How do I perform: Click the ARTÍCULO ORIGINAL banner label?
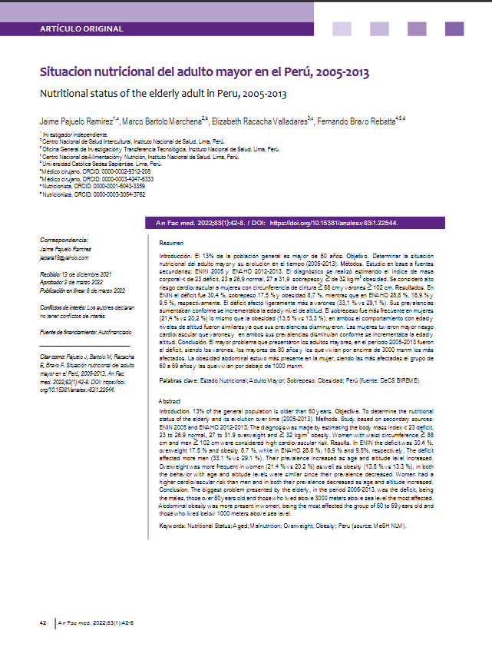pyautogui.click(x=81, y=29)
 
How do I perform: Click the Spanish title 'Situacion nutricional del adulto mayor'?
pyautogui.click(x=204, y=73)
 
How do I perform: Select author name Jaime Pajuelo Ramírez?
pyautogui.click(x=75, y=121)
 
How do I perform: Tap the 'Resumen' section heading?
pyautogui.click(x=161, y=242)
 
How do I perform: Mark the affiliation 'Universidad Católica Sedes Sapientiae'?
pyautogui.click(x=103, y=164)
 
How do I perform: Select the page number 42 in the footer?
pyautogui.click(x=45, y=622)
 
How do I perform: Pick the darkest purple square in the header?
pyautogui.click(x=454, y=28)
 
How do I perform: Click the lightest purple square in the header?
pyautogui.click(x=342, y=28)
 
